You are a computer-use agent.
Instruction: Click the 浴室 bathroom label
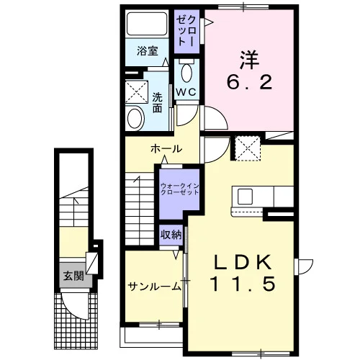tap(148, 51)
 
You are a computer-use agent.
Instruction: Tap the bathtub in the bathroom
tap(147, 24)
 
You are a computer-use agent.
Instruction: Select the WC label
tap(186, 92)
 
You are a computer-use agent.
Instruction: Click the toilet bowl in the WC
tap(186, 72)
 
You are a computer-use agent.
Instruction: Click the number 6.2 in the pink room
tap(249, 82)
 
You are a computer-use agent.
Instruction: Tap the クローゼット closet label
tap(187, 31)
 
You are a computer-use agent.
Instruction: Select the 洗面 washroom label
tap(158, 102)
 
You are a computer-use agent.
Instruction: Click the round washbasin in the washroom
tap(135, 119)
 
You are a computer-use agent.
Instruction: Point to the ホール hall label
tap(166, 149)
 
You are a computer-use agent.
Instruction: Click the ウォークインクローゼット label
tap(179, 189)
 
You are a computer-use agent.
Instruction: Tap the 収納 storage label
tap(171, 235)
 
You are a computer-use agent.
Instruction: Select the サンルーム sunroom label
tap(155, 286)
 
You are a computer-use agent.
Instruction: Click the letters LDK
tap(243, 262)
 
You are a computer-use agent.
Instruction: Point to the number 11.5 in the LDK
tap(243, 284)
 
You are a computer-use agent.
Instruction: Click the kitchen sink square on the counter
tap(245, 197)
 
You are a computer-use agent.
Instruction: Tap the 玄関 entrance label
tap(73, 276)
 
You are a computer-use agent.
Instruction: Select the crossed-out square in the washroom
tap(137, 92)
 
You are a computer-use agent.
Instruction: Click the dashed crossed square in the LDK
tap(248, 148)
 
